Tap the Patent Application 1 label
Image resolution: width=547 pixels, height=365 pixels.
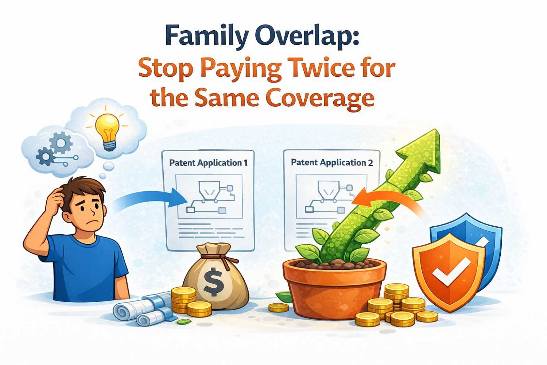coord(208,163)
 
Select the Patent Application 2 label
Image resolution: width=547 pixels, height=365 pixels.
coord(332,162)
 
